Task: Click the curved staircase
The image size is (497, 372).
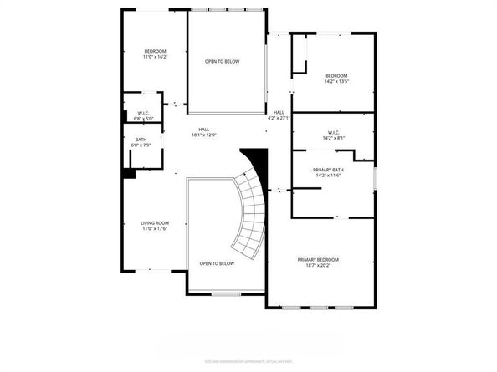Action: (x=250, y=213)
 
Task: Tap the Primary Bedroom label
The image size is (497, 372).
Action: (x=318, y=259)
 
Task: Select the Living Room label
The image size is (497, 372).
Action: (x=155, y=222)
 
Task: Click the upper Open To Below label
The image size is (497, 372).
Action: (x=222, y=61)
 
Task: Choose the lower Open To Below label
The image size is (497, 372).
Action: (x=217, y=263)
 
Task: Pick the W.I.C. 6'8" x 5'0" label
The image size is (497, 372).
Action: (x=142, y=115)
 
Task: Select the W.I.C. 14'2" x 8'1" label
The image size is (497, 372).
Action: (x=333, y=135)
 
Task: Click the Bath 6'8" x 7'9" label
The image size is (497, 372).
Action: (x=141, y=142)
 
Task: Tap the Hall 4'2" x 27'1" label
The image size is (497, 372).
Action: (x=279, y=115)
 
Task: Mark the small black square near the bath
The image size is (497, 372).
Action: (x=128, y=173)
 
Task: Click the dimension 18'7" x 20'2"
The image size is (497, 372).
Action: (x=318, y=265)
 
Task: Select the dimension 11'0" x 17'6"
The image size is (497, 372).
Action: (x=155, y=228)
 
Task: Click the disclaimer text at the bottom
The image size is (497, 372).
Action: (x=248, y=361)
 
